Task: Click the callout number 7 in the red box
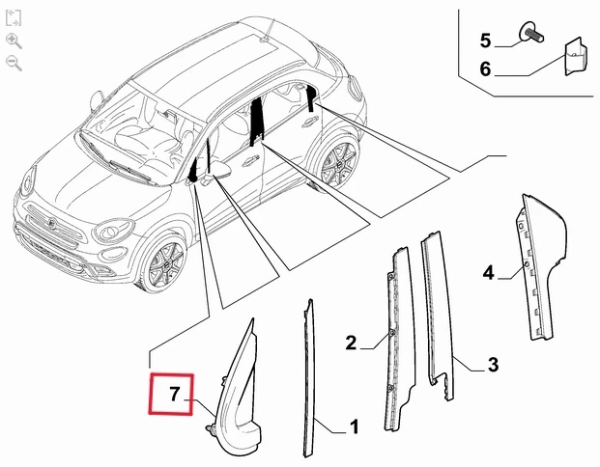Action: point(175,394)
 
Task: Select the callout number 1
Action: point(355,426)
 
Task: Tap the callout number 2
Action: point(351,343)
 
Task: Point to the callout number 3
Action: point(494,365)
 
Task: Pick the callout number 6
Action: point(485,69)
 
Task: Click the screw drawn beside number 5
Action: point(531,33)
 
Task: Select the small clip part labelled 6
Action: point(576,56)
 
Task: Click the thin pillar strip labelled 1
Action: point(308,378)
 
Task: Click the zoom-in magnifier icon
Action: point(14,41)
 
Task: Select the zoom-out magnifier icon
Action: point(14,63)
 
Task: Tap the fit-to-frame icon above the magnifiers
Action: point(14,18)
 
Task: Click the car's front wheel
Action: point(164,263)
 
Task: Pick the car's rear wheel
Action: point(338,165)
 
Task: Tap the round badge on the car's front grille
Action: point(53,224)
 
